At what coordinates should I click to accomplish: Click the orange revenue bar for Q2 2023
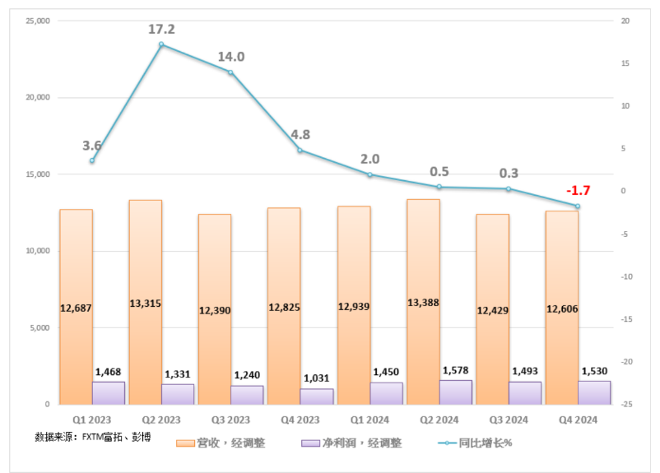click(145, 263)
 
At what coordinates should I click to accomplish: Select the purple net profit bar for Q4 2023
click(317, 396)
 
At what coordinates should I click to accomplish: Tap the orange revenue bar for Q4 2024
click(561, 263)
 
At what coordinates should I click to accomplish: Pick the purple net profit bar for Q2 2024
click(456, 392)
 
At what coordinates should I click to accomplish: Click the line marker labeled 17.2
click(161, 44)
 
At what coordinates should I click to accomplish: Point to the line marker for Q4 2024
click(578, 206)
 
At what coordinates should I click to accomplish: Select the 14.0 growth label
click(230, 57)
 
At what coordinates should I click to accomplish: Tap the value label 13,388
click(422, 303)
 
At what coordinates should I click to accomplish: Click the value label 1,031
click(317, 378)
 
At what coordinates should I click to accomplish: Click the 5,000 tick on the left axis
click(38, 327)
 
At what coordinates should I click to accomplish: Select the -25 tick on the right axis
click(626, 405)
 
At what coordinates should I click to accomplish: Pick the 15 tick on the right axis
click(625, 63)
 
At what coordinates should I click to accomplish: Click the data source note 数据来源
click(92, 436)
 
